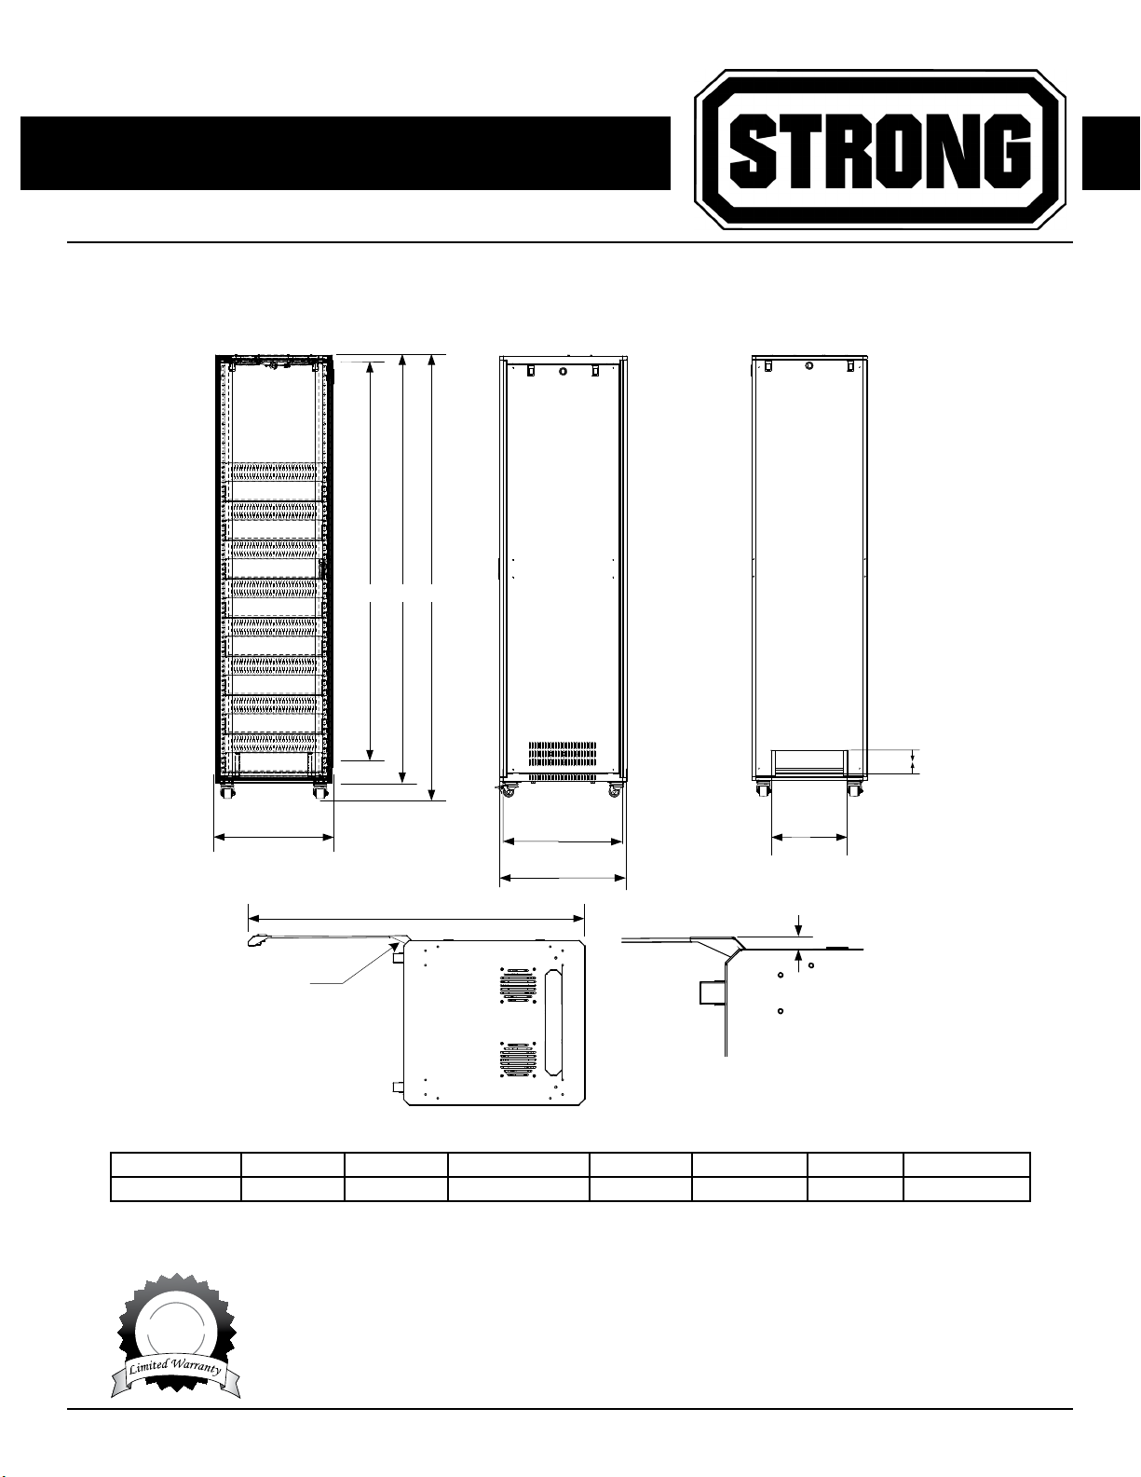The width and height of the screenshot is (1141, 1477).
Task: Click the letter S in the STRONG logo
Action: coord(751,151)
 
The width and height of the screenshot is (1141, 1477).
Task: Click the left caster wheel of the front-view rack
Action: coord(224,791)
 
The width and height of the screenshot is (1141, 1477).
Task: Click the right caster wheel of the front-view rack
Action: coord(319,791)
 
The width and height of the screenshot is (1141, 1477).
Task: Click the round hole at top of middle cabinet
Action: coord(564,371)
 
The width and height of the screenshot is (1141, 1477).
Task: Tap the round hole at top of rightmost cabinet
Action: coord(808,365)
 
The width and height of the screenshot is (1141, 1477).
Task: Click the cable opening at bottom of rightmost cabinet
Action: coord(808,762)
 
